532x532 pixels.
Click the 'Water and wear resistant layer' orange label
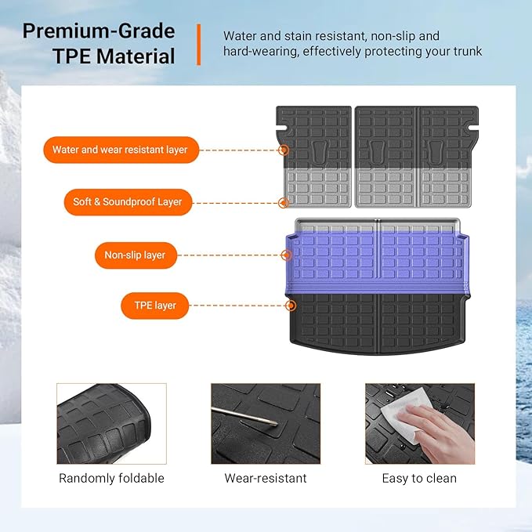120,150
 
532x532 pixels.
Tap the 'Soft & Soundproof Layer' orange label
127,202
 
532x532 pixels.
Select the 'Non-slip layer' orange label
135,255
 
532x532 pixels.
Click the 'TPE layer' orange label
154,306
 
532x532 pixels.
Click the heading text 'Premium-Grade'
99,32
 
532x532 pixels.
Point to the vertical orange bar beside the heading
198,44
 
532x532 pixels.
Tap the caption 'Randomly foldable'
111,478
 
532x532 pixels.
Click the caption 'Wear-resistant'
266,478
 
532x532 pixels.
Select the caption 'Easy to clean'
419,478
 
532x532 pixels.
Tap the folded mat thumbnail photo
111,423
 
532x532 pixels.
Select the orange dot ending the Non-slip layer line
285,255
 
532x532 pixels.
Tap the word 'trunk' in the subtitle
465,52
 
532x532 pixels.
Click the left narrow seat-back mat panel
313,157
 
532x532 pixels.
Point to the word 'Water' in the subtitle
240,36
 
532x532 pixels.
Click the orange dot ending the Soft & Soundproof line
283,202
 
